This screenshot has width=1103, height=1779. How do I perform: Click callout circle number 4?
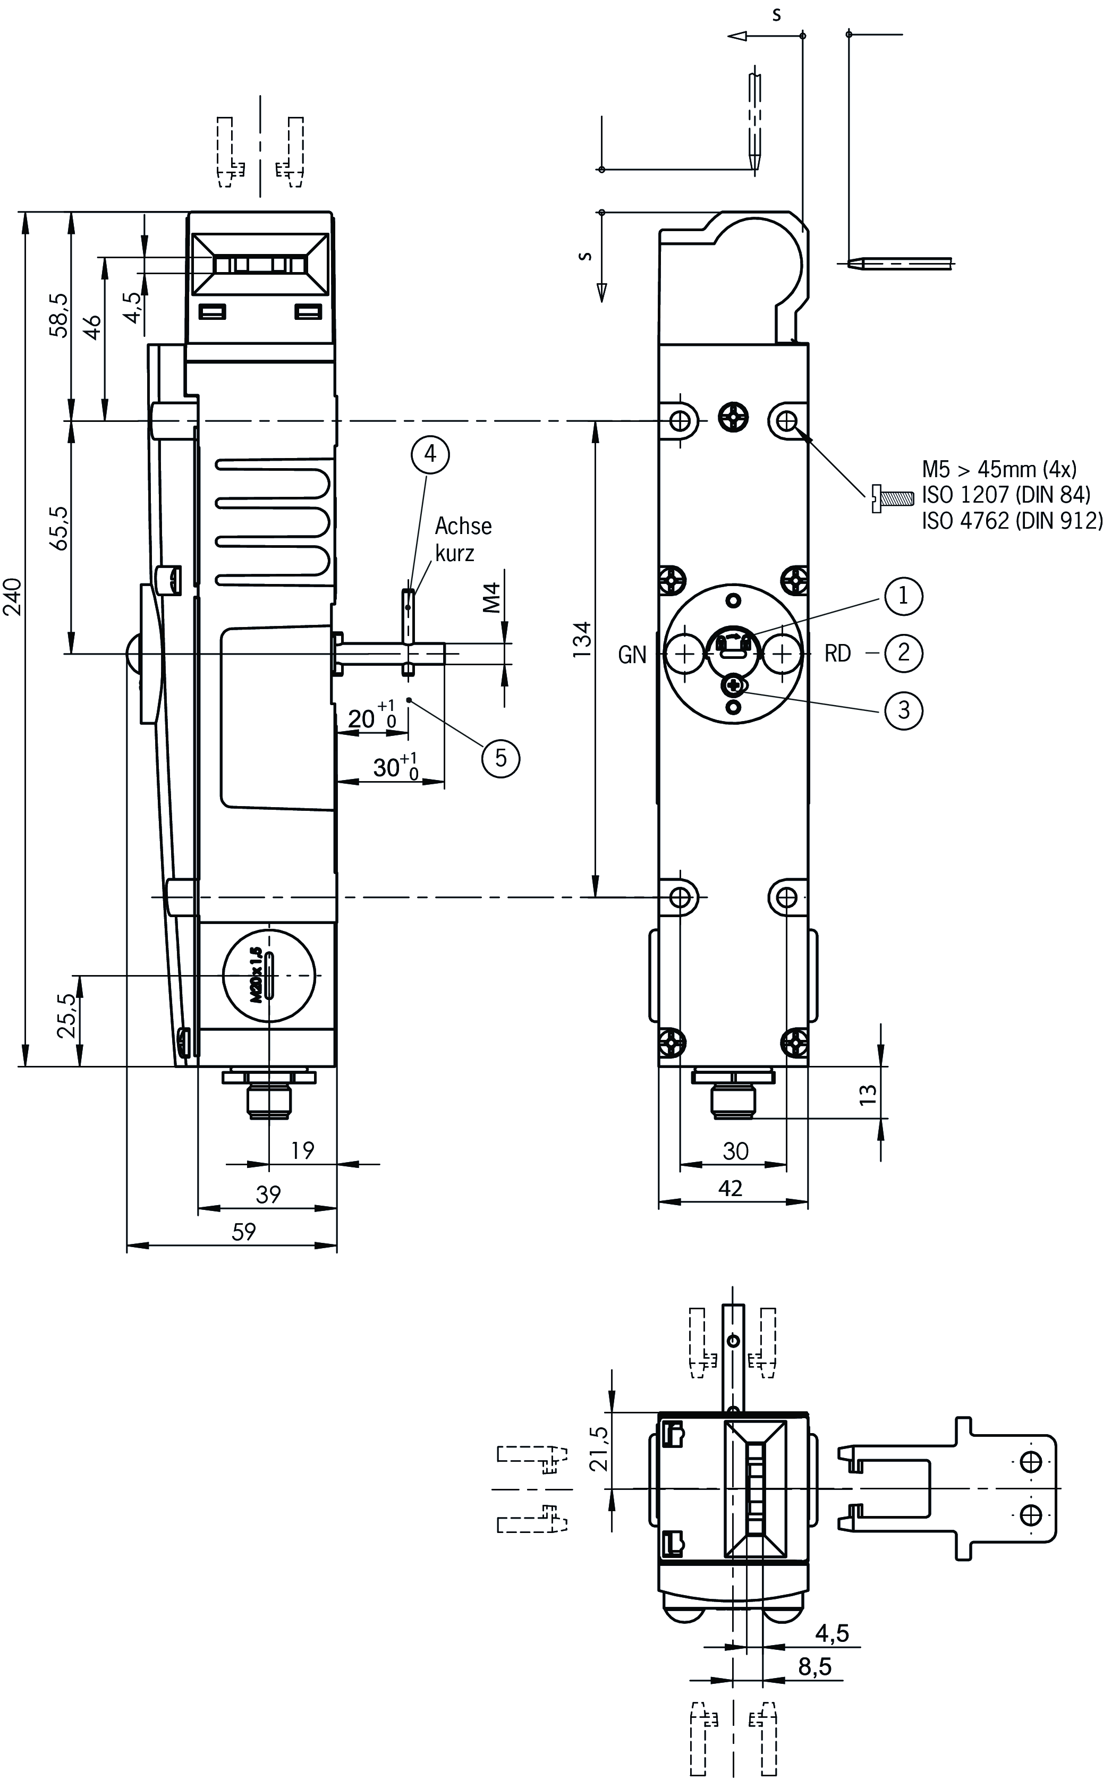point(430,454)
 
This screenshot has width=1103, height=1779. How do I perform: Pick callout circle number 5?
point(500,758)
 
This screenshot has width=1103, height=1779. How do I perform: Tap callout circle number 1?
point(903,596)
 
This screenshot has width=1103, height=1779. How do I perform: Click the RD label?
point(837,654)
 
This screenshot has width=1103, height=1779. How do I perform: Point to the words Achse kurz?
point(462,540)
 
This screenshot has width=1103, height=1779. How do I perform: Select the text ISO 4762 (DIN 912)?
point(1011,521)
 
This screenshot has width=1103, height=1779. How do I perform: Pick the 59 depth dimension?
point(244,1231)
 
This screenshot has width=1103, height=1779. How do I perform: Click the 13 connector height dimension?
point(868,1094)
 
